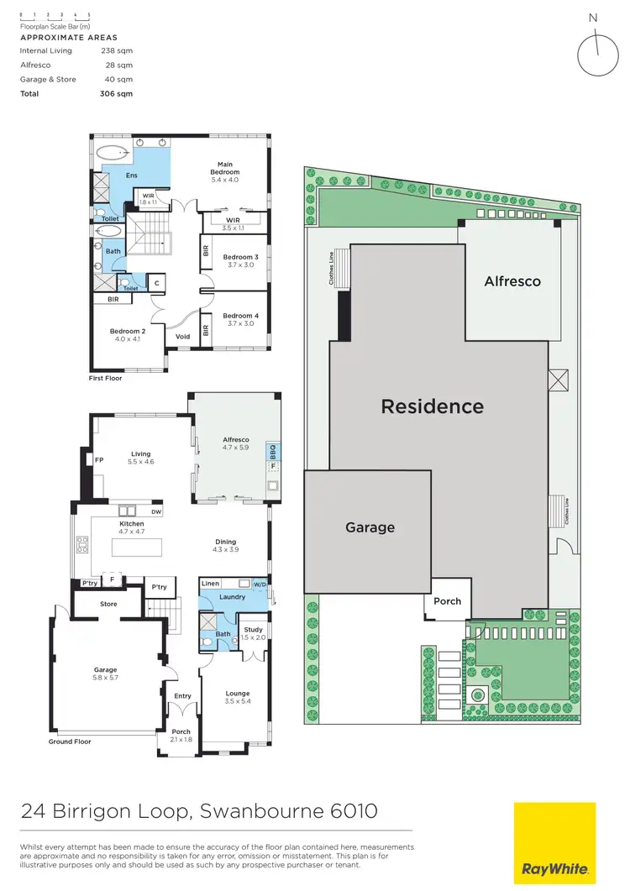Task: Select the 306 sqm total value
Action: [117, 94]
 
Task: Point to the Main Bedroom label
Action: [224, 168]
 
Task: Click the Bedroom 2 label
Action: [128, 331]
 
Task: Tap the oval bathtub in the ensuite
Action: [113, 153]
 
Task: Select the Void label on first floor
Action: [182, 337]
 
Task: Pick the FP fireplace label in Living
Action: [99, 460]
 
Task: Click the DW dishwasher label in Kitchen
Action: [156, 511]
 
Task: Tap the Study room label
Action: [253, 629]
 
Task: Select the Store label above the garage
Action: [108, 604]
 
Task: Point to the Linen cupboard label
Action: [211, 583]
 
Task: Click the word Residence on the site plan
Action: [432, 406]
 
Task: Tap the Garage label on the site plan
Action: [370, 527]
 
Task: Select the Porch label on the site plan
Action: [447, 601]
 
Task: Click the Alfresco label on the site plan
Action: [512, 281]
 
